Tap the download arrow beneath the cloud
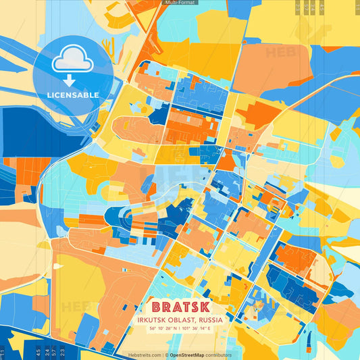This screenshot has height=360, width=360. (69, 80)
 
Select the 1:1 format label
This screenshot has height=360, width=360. (3, 352)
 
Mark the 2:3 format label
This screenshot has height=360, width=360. (62, 352)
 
